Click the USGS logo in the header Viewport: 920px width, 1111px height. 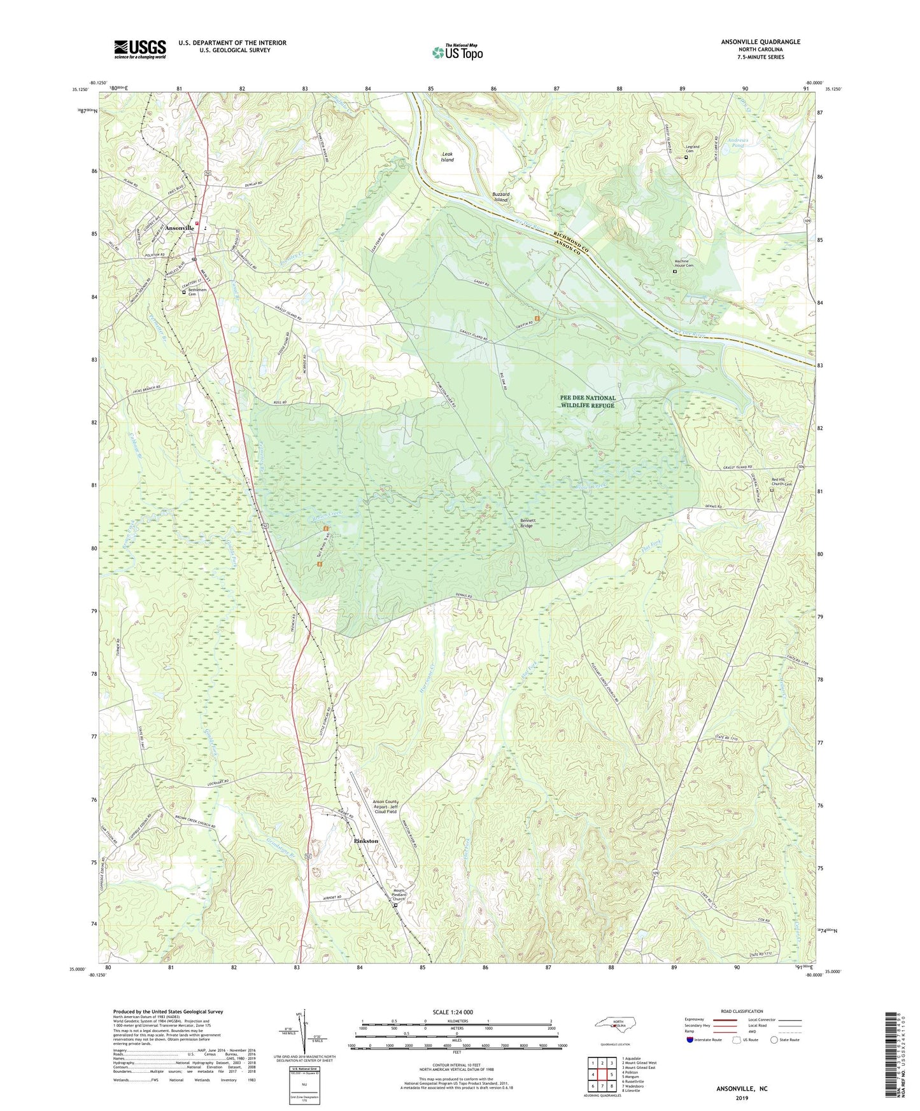click(x=139, y=49)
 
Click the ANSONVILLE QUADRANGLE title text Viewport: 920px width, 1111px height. click(x=760, y=42)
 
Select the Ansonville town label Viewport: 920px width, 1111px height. click(x=179, y=228)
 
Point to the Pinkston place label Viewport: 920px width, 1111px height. click(x=365, y=841)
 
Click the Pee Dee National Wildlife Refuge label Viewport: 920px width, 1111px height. click(x=587, y=402)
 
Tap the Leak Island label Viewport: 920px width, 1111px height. click(x=448, y=157)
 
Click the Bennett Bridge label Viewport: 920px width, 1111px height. click(x=527, y=523)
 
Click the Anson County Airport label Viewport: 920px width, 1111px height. click(x=385, y=806)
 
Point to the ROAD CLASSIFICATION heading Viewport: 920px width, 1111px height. click(x=742, y=1012)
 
